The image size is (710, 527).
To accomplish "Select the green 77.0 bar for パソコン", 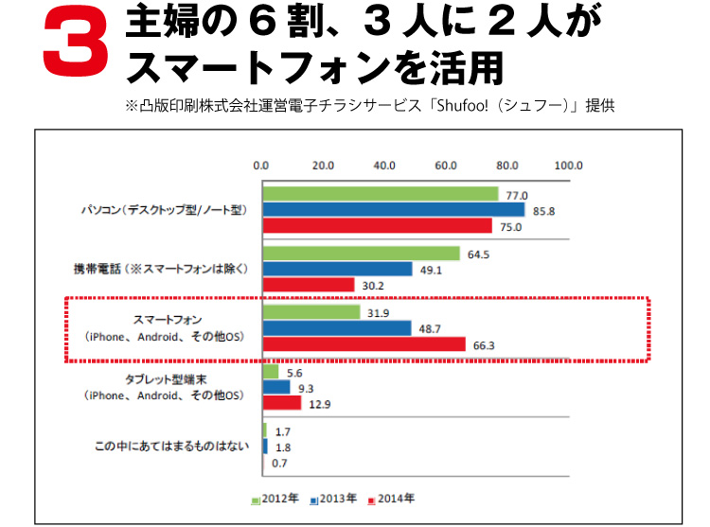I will tap(380, 194).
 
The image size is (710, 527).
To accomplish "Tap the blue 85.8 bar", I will tap(393, 210).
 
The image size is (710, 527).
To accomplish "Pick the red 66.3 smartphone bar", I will tap(364, 344).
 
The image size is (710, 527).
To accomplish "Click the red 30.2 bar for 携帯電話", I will tap(309, 285).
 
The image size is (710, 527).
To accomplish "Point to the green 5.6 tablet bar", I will tap(271, 372).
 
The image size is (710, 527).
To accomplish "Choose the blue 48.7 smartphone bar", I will tap(336, 328).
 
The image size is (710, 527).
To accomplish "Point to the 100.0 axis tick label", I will tap(568, 166).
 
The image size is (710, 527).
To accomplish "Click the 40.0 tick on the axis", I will tap(384, 166).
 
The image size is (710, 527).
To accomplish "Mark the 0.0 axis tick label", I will tap(261, 166).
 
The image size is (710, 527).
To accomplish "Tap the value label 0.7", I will tap(279, 463).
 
